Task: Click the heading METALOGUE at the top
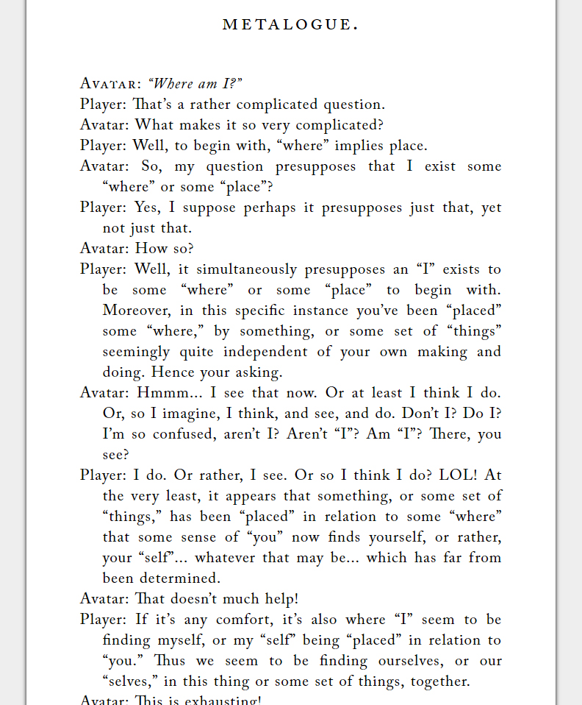click(x=290, y=25)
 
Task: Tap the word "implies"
click(x=359, y=146)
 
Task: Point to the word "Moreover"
click(x=135, y=311)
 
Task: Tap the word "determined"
click(x=182, y=578)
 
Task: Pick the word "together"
click(x=437, y=681)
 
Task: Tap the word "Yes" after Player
click(x=147, y=208)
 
